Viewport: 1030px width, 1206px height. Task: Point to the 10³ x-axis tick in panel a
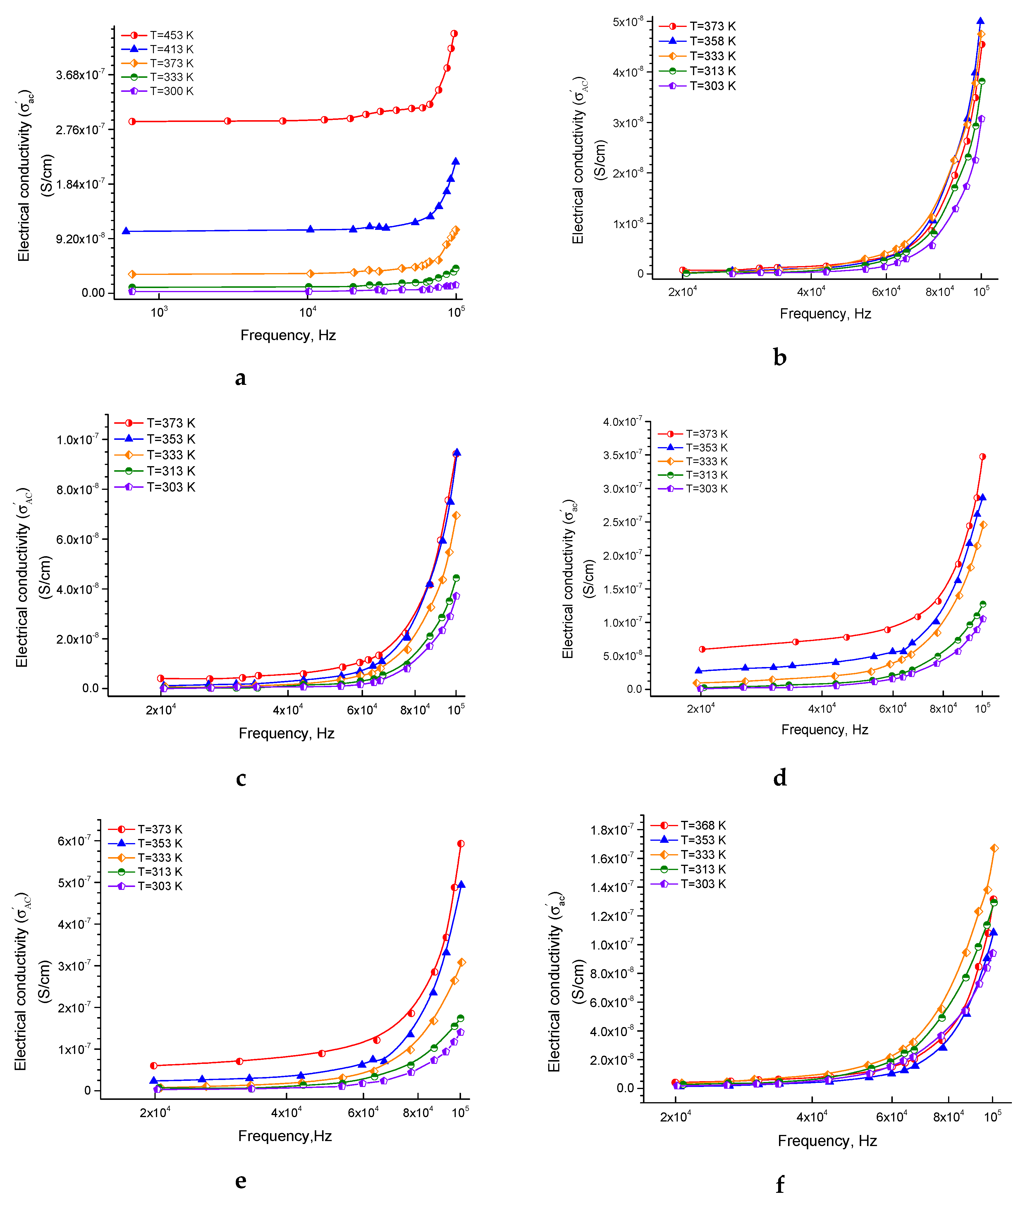[159, 313]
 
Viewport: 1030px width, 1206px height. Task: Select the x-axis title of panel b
[825, 314]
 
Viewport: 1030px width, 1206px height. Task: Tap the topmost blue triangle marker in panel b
[981, 22]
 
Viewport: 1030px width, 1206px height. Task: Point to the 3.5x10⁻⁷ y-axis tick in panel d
[623, 455]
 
